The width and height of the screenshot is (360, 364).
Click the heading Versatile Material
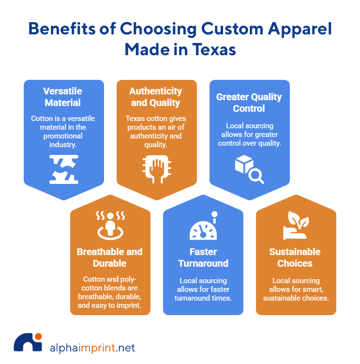click(x=63, y=97)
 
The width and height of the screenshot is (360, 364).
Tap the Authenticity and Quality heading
click(x=156, y=97)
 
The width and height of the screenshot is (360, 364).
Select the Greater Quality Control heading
click(x=249, y=103)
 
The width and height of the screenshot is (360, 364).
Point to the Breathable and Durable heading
click(x=110, y=258)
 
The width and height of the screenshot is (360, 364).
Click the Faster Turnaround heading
click(x=203, y=258)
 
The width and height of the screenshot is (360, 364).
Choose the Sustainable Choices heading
click(x=295, y=258)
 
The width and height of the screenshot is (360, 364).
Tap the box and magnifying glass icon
click(x=249, y=169)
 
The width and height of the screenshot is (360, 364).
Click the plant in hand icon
click(x=296, y=225)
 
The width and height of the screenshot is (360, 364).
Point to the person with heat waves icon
click(x=110, y=224)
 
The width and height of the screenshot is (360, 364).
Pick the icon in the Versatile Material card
click(x=63, y=169)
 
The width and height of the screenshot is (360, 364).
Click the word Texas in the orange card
click(x=135, y=119)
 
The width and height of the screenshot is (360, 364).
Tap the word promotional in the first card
click(x=63, y=136)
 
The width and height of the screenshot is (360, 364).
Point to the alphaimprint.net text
click(x=92, y=348)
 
